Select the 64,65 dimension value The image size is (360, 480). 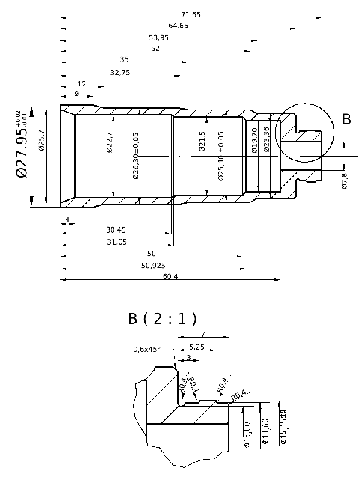click(x=178, y=25)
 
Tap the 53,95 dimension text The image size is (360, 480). click(x=158, y=37)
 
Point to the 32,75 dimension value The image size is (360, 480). click(x=120, y=73)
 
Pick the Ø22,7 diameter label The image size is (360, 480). click(x=109, y=142)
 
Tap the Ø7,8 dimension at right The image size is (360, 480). click(x=344, y=181)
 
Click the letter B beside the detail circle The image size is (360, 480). click(x=346, y=119)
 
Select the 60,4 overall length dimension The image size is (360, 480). click(x=169, y=276)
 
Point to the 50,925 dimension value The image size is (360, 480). click(x=153, y=265)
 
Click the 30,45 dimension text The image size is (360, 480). click(x=115, y=229)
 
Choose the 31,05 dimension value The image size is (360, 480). click(x=116, y=241)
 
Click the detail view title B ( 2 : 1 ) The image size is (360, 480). click(x=162, y=318)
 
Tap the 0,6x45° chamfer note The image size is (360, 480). click(x=147, y=349)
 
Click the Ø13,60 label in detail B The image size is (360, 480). click(x=264, y=431)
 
